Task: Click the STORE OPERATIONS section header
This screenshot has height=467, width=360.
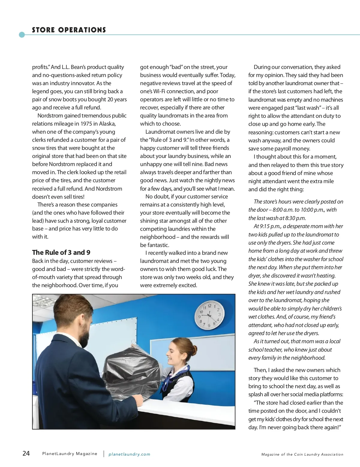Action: (x=69, y=30)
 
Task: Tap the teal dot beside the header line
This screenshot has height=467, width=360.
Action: (x=22, y=35)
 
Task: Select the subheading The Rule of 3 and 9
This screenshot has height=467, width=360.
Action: (x=61, y=252)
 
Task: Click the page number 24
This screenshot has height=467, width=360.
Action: (x=26, y=453)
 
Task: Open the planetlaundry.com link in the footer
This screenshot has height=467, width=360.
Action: (x=129, y=454)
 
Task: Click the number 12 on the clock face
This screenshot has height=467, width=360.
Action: (x=209, y=306)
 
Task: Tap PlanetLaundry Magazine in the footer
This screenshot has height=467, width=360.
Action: (x=70, y=454)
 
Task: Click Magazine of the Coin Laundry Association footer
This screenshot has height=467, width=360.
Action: (x=302, y=454)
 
